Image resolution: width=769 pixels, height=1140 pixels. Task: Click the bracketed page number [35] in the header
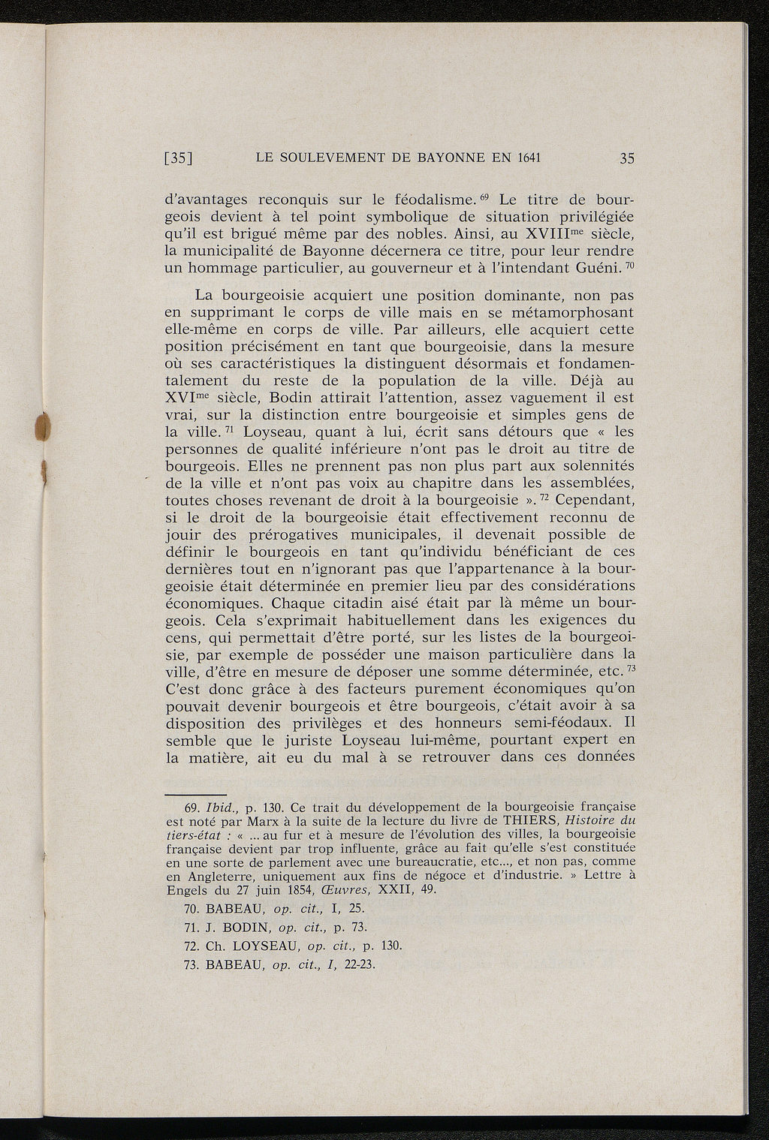[179, 158]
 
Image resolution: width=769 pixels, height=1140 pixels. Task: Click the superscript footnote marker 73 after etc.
[632, 668]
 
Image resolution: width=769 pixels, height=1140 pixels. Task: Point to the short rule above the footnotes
[195, 794]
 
